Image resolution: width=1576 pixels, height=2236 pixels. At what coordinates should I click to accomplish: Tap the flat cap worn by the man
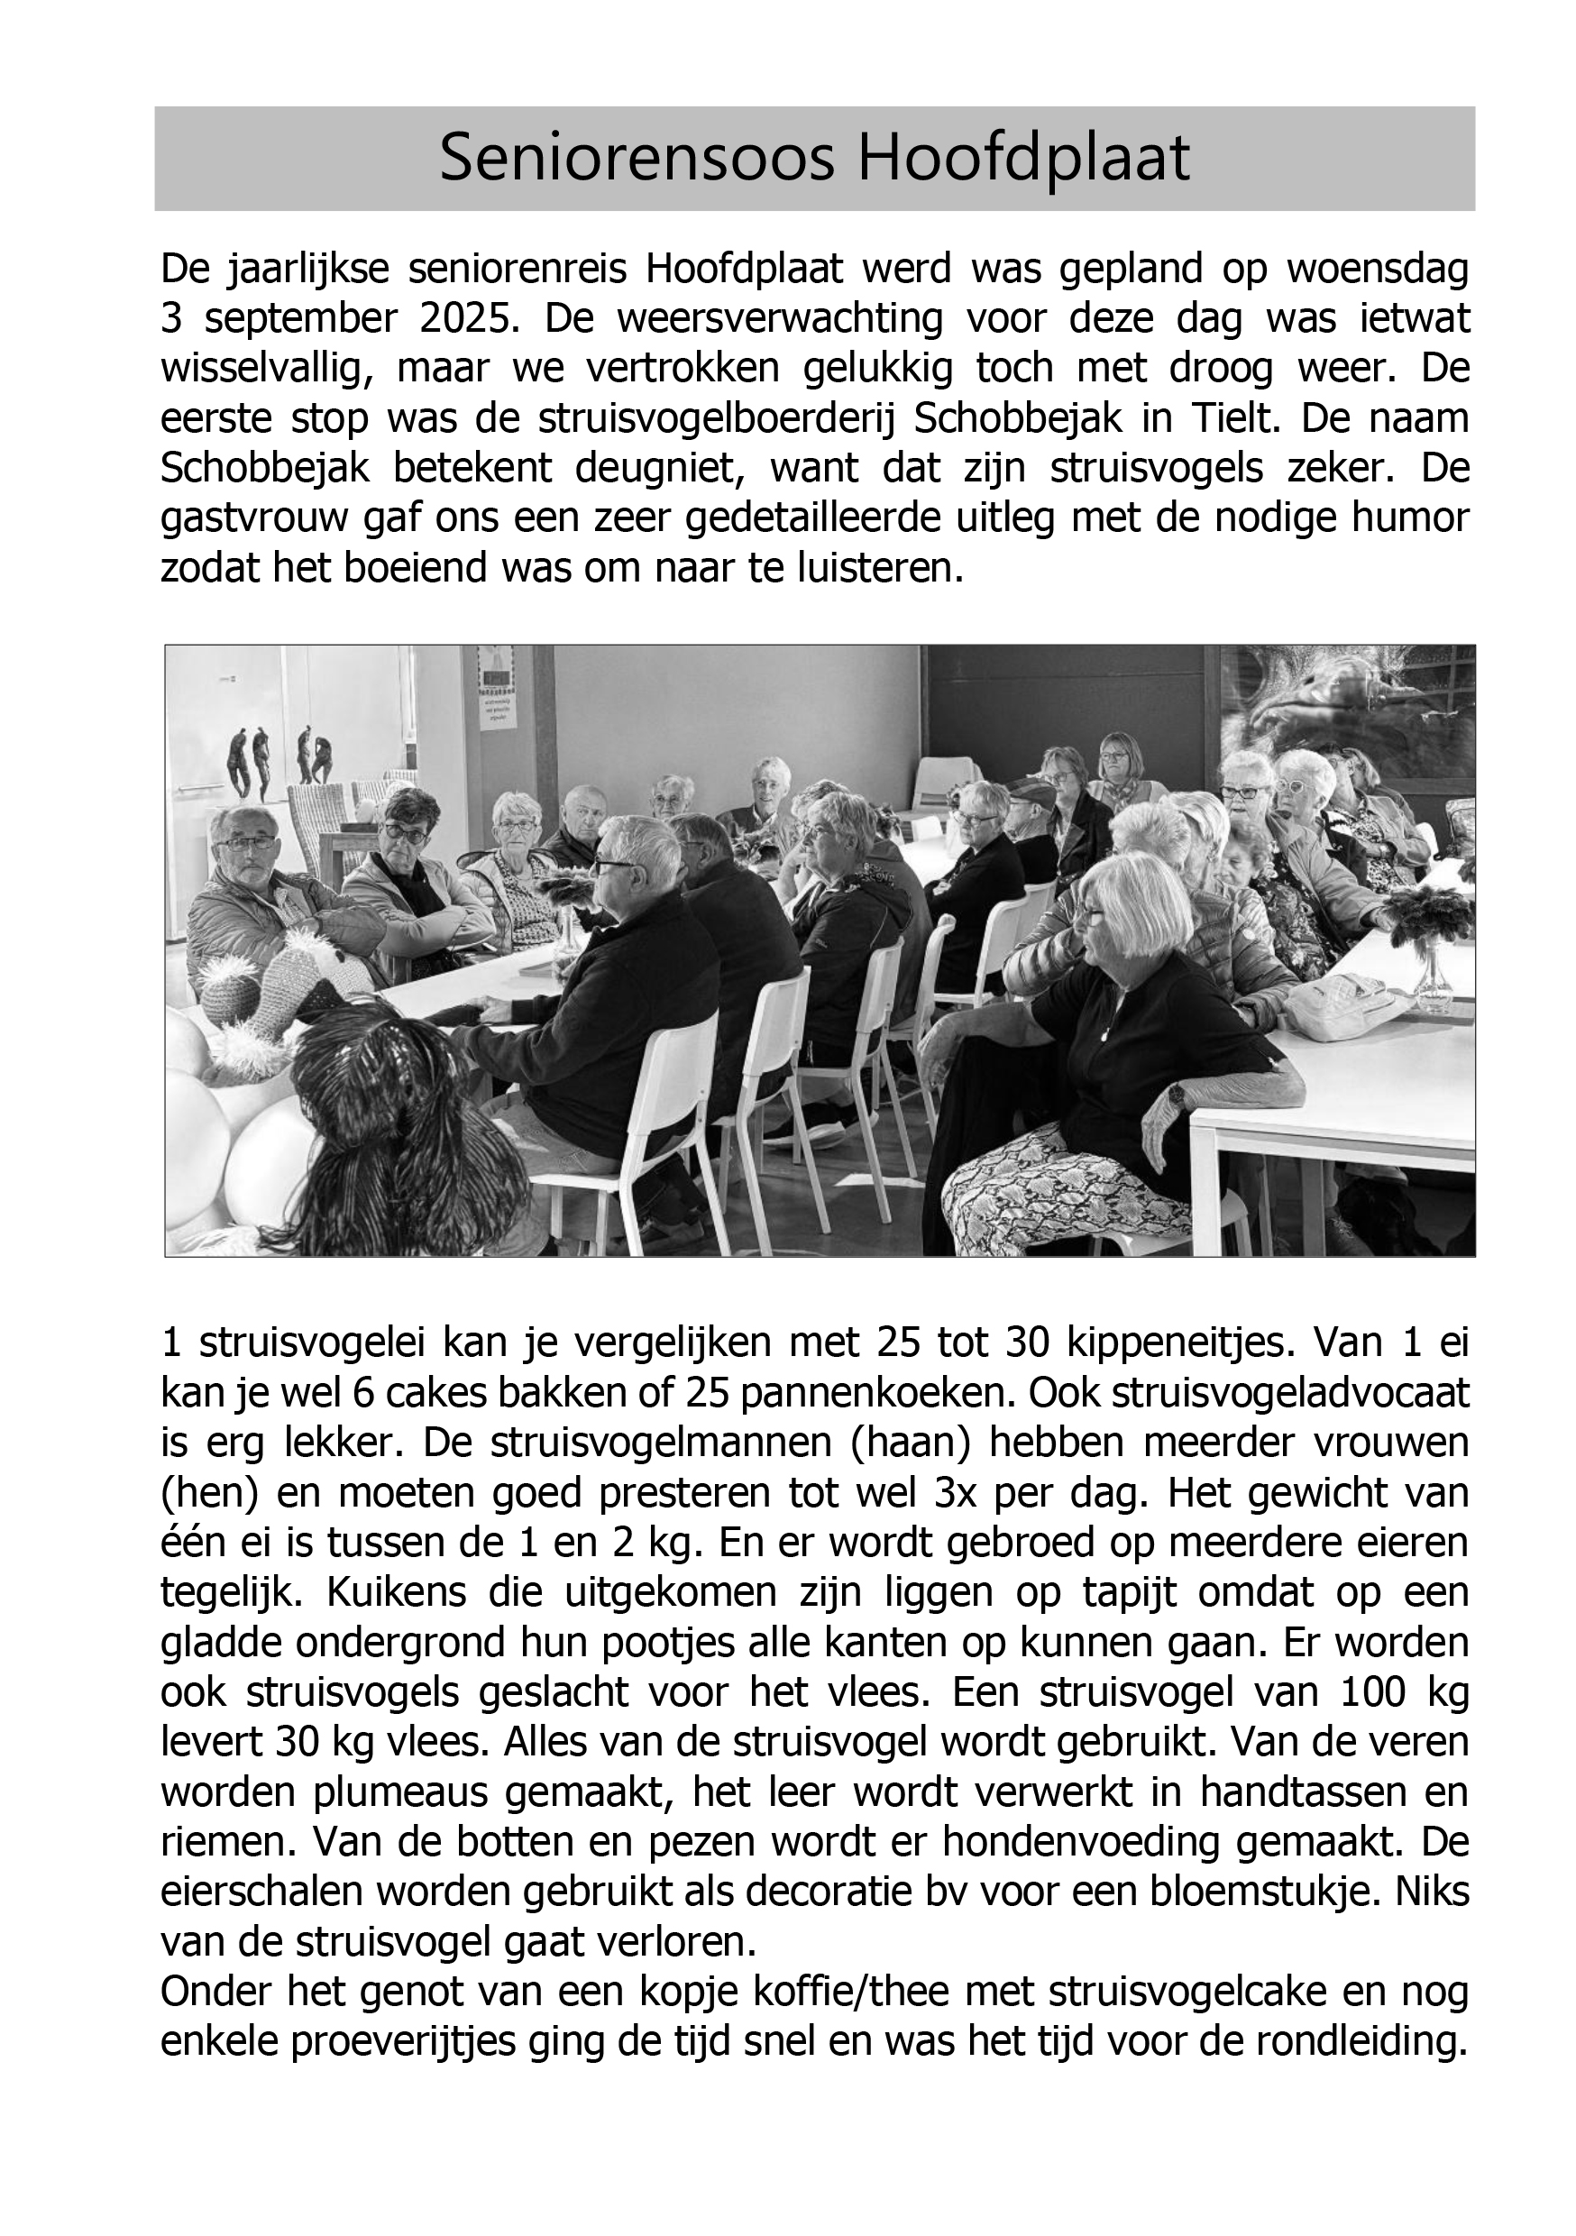[x=1031, y=791]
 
